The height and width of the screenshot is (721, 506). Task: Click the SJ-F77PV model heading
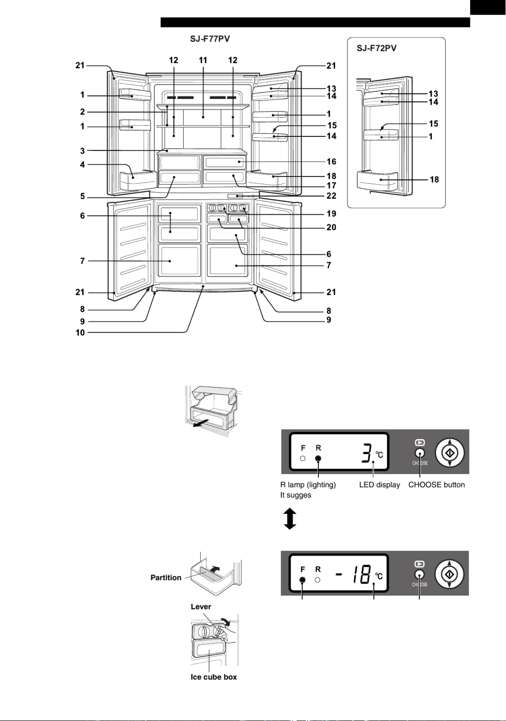pos(210,39)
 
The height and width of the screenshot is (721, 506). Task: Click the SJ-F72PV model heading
pos(376,48)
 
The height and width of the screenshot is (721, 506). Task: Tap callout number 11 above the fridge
pos(203,60)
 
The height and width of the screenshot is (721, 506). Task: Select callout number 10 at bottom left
pos(80,333)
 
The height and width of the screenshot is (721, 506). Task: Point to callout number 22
pos(331,196)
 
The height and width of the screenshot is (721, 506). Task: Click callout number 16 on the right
pos(331,161)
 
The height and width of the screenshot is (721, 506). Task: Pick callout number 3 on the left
pos(82,151)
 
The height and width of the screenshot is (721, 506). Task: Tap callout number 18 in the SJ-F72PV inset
pos(434,180)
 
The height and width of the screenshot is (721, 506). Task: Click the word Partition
pos(166,578)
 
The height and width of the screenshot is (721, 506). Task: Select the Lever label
pos(201,606)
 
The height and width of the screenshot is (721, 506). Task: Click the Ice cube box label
pos(214,677)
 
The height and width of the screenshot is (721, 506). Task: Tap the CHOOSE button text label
pos(436,485)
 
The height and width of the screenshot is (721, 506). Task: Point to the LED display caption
pos(380,485)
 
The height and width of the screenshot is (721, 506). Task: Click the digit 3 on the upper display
pos(367,453)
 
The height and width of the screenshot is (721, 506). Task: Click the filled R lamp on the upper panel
pos(318,458)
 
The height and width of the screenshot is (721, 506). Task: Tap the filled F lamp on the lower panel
pos(303,580)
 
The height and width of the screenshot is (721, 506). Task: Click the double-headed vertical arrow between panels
pos(290,519)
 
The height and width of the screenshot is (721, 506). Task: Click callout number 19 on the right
pos(331,213)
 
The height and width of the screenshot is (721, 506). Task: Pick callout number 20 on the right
pos(331,227)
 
